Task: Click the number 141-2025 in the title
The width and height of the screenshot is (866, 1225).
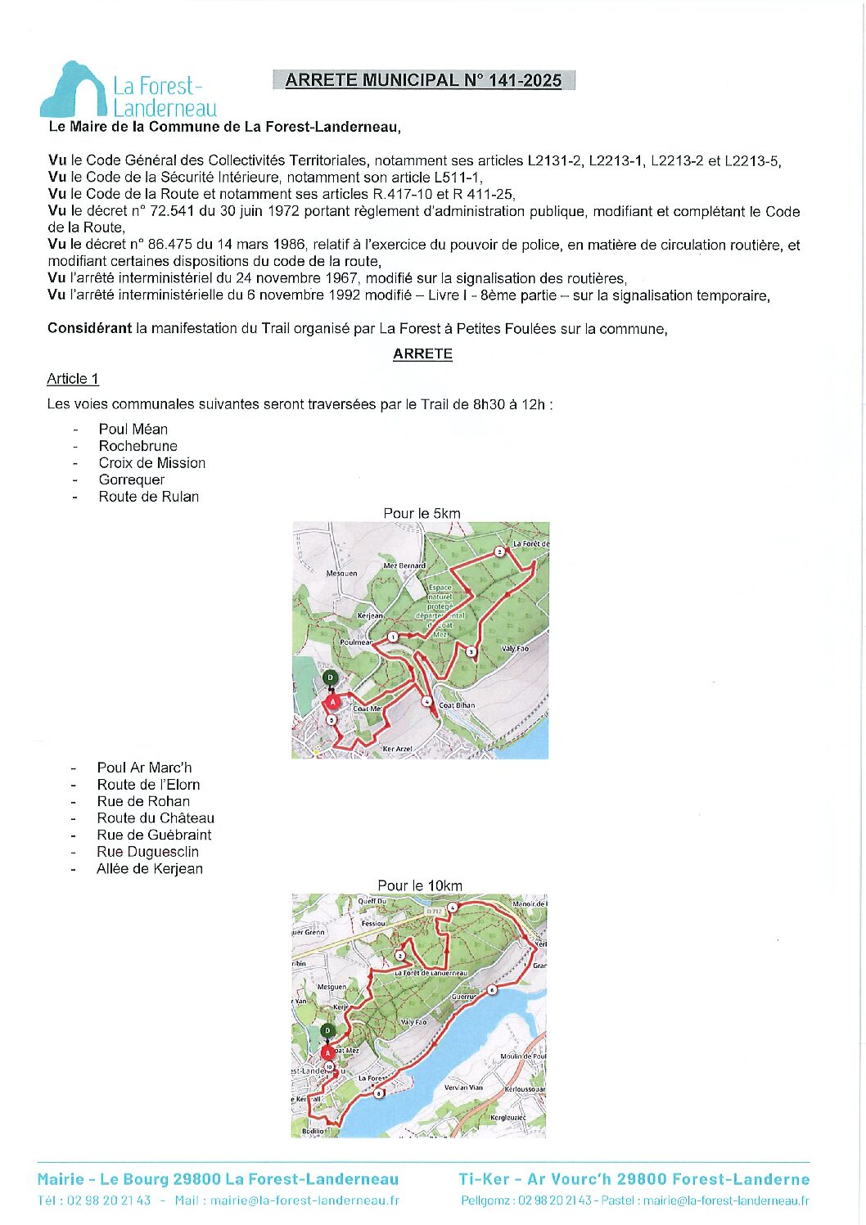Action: tap(524, 80)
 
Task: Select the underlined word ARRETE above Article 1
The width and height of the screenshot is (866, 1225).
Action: tap(422, 354)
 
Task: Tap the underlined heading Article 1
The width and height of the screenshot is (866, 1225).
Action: tap(73, 379)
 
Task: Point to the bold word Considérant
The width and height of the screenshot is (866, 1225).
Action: tap(89, 329)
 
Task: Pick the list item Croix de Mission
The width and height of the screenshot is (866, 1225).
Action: tap(152, 463)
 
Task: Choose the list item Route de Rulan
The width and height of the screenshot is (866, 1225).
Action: tap(149, 497)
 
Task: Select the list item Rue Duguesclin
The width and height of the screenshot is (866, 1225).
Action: tap(147, 852)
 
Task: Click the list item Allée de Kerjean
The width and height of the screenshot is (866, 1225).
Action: tap(150, 869)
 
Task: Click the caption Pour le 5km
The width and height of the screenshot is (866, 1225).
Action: tap(422, 514)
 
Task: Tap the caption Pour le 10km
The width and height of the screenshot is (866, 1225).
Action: tap(420, 885)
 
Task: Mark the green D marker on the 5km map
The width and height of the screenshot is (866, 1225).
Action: tap(331, 678)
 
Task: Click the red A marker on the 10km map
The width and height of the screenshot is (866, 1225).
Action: tap(328, 1052)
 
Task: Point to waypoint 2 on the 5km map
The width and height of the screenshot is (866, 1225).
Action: tap(499, 552)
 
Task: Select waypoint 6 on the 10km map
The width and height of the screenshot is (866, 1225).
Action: tap(492, 990)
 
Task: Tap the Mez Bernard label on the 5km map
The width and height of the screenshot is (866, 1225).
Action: tap(404, 565)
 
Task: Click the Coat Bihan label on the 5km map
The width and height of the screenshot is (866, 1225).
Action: tap(457, 705)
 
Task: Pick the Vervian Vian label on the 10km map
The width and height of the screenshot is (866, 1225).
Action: tap(463, 1088)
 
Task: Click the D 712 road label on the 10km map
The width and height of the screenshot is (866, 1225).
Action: tap(434, 911)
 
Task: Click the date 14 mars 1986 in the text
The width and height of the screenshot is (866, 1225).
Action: tap(254, 245)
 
